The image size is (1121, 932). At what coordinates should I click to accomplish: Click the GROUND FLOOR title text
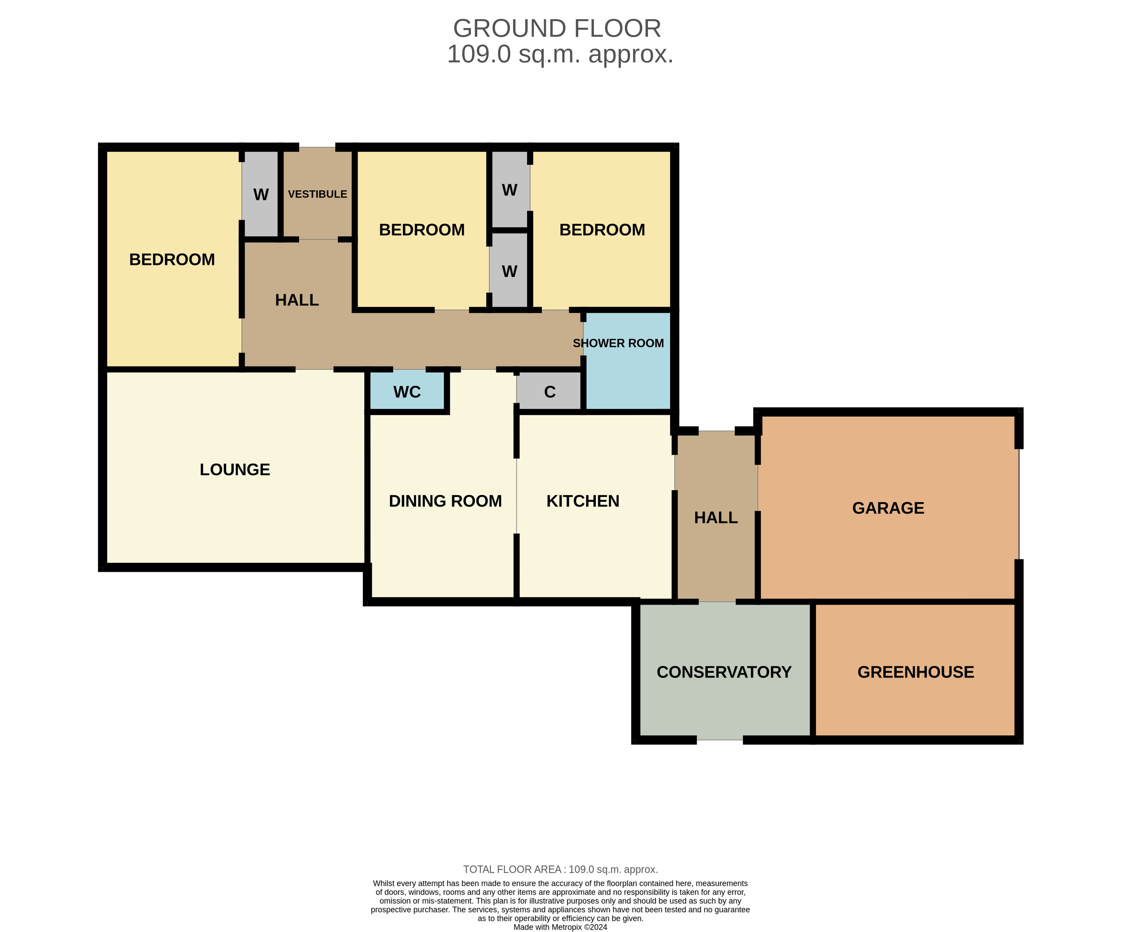[557, 29]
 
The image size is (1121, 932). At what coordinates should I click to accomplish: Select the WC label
[407, 392]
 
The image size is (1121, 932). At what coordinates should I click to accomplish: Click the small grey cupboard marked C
[549, 392]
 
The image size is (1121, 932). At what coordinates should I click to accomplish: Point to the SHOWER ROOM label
[618, 344]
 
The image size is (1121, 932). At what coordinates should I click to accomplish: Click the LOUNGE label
[235, 470]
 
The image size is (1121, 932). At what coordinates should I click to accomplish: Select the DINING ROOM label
[445, 501]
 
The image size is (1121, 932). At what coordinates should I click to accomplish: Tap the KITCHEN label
[583, 501]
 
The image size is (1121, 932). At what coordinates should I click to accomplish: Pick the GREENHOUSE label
[915, 672]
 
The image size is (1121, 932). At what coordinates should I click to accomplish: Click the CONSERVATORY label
[724, 672]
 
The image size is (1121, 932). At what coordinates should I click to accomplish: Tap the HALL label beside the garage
[716, 517]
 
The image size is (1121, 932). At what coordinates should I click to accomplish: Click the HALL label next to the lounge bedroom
[297, 300]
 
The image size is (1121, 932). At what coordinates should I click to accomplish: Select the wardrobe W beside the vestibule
[261, 194]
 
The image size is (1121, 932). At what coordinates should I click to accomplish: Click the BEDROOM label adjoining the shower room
[602, 230]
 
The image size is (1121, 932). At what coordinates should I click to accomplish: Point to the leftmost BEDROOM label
[172, 260]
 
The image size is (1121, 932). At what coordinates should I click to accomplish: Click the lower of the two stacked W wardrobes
[509, 271]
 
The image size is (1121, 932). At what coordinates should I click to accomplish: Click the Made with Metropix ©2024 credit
[560, 927]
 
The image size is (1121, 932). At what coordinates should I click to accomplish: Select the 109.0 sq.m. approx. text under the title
[560, 54]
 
